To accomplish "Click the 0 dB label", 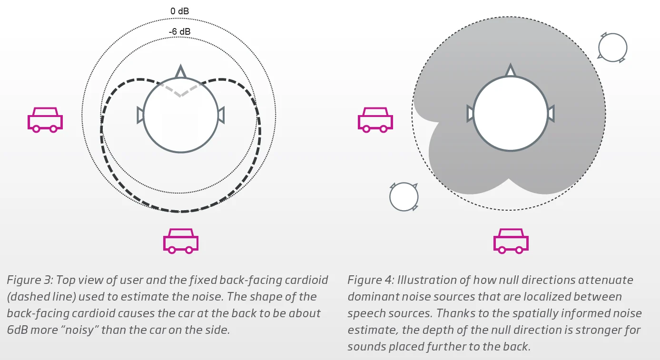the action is click(179, 11).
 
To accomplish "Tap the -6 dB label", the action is click(179, 31).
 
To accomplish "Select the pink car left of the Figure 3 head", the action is click(45, 120).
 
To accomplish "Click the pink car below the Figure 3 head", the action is click(181, 241).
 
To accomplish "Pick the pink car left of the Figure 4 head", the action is click(375, 120).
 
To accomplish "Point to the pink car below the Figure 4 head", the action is click(511, 241).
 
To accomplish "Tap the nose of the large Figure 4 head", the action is click(510, 71).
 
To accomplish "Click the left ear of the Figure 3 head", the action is click(140, 115).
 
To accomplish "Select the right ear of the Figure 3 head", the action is click(221, 115).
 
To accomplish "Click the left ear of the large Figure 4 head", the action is click(470, 114).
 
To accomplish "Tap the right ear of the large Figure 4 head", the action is click(551, 114).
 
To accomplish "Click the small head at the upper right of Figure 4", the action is click(612, 48).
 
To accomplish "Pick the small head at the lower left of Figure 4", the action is click(404, 196).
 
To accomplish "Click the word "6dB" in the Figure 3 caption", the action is click(18, 330).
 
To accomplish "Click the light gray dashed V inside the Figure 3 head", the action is click(181, 89).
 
